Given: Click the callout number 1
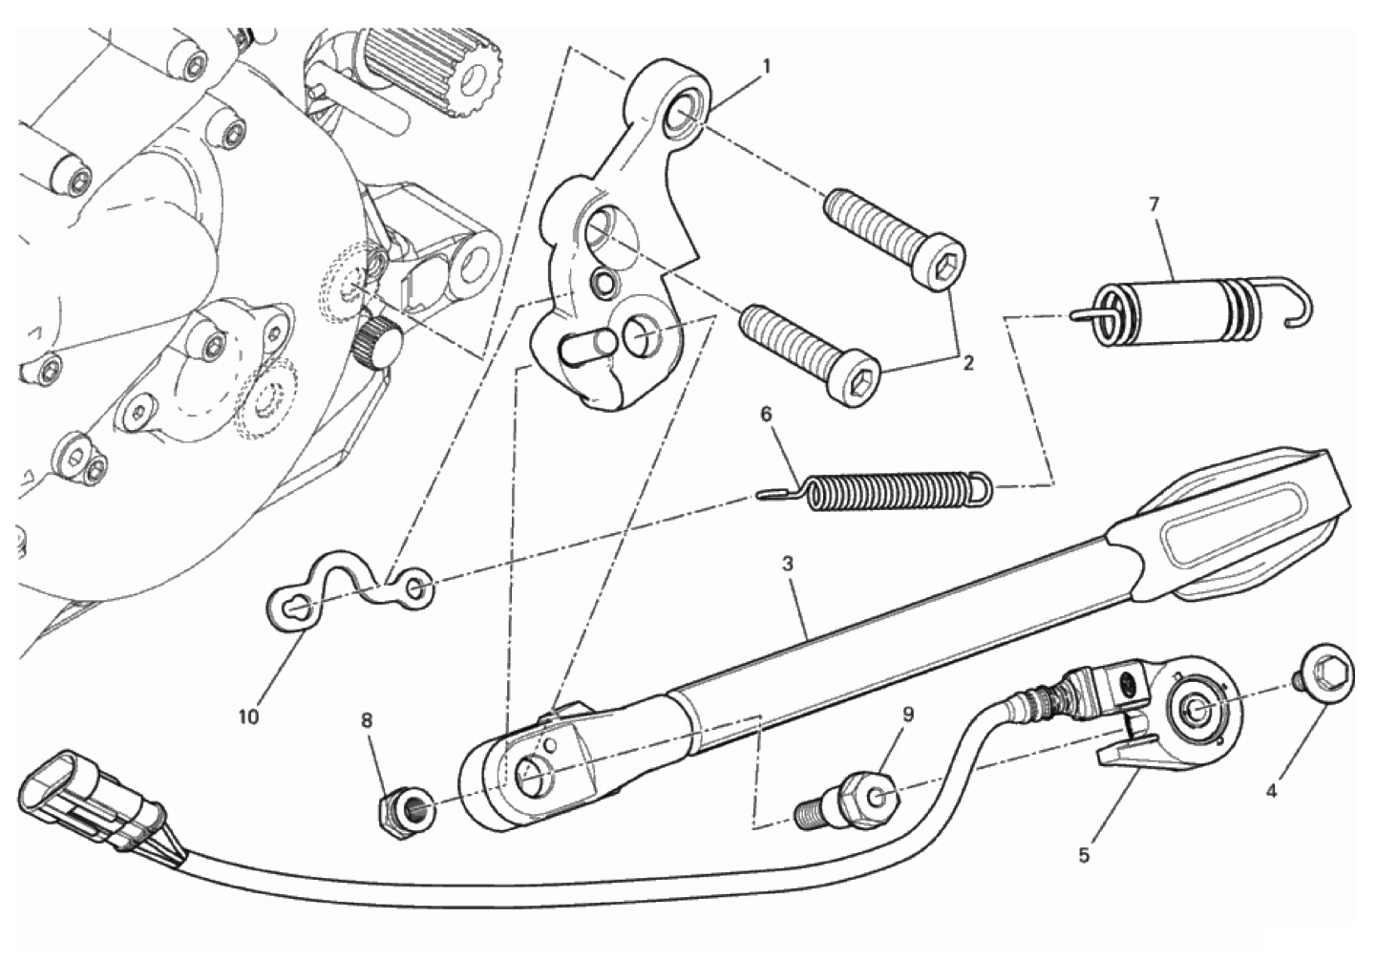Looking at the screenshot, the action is (x=766, y=66).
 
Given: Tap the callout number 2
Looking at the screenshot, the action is (x=967, y=363).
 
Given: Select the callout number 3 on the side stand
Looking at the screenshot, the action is (x=788, y=564).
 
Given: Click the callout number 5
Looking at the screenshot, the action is (x=1084, y=854).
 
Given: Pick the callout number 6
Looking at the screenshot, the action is (x=766, y=415).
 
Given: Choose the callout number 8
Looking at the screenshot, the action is (x=367, y=720).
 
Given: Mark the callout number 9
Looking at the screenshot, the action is (x=908, y=715).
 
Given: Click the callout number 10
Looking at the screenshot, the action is (x=249, y=716).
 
